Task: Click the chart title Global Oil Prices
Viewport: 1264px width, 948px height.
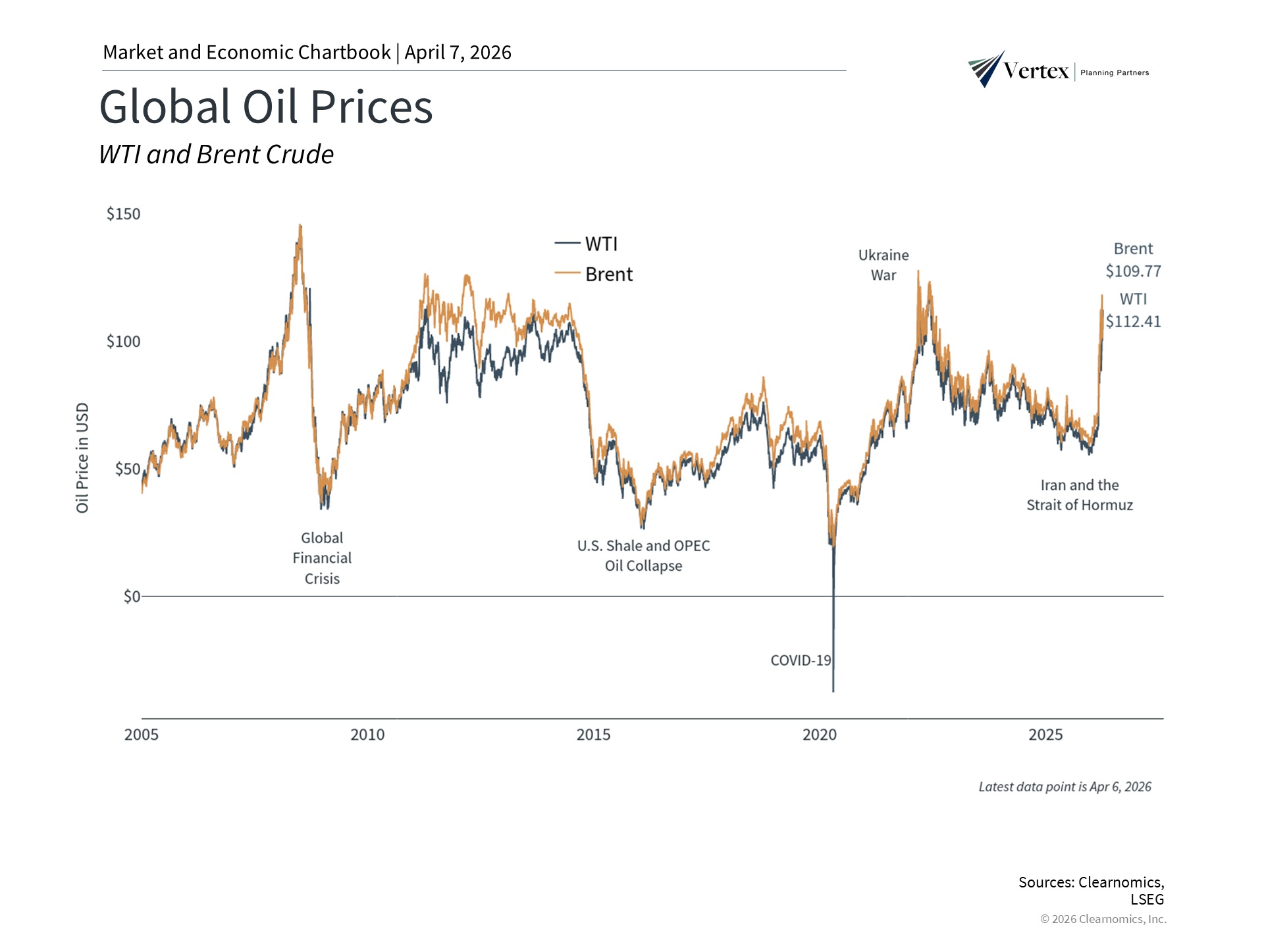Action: click(x=266, y=107)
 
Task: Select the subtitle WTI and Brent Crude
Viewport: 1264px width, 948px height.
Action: click(x=216, y=155)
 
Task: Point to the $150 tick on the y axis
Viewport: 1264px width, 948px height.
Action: click(x=123, y=214)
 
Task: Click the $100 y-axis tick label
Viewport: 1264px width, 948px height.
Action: click(x=123, y=342)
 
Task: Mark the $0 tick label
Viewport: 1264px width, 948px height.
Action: click(x=132, y=596)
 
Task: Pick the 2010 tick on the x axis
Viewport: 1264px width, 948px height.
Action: click(x=367, y=735)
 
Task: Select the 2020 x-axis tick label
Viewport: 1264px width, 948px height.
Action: click(x=820, y=735)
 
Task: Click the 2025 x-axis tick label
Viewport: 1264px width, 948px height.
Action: click(x=1045, y=735)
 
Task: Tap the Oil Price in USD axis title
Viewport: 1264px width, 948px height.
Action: click(x=82, y=458)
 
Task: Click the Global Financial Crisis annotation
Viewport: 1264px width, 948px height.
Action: click(x=322, y=558)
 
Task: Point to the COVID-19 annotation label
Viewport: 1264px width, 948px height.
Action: click(x=801, y=660)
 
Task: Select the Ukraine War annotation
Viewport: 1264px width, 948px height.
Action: click(x=883, y=265)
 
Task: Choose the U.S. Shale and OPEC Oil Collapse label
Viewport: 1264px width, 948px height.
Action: click(x=643, y=556)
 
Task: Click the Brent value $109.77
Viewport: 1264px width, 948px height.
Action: click(x=1133, y=271)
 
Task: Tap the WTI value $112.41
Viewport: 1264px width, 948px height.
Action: click(x=1133, y=322)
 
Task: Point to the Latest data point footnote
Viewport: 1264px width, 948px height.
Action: click(x=1065, y=787)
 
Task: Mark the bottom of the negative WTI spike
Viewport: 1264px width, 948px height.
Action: click(x=833, y=691)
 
